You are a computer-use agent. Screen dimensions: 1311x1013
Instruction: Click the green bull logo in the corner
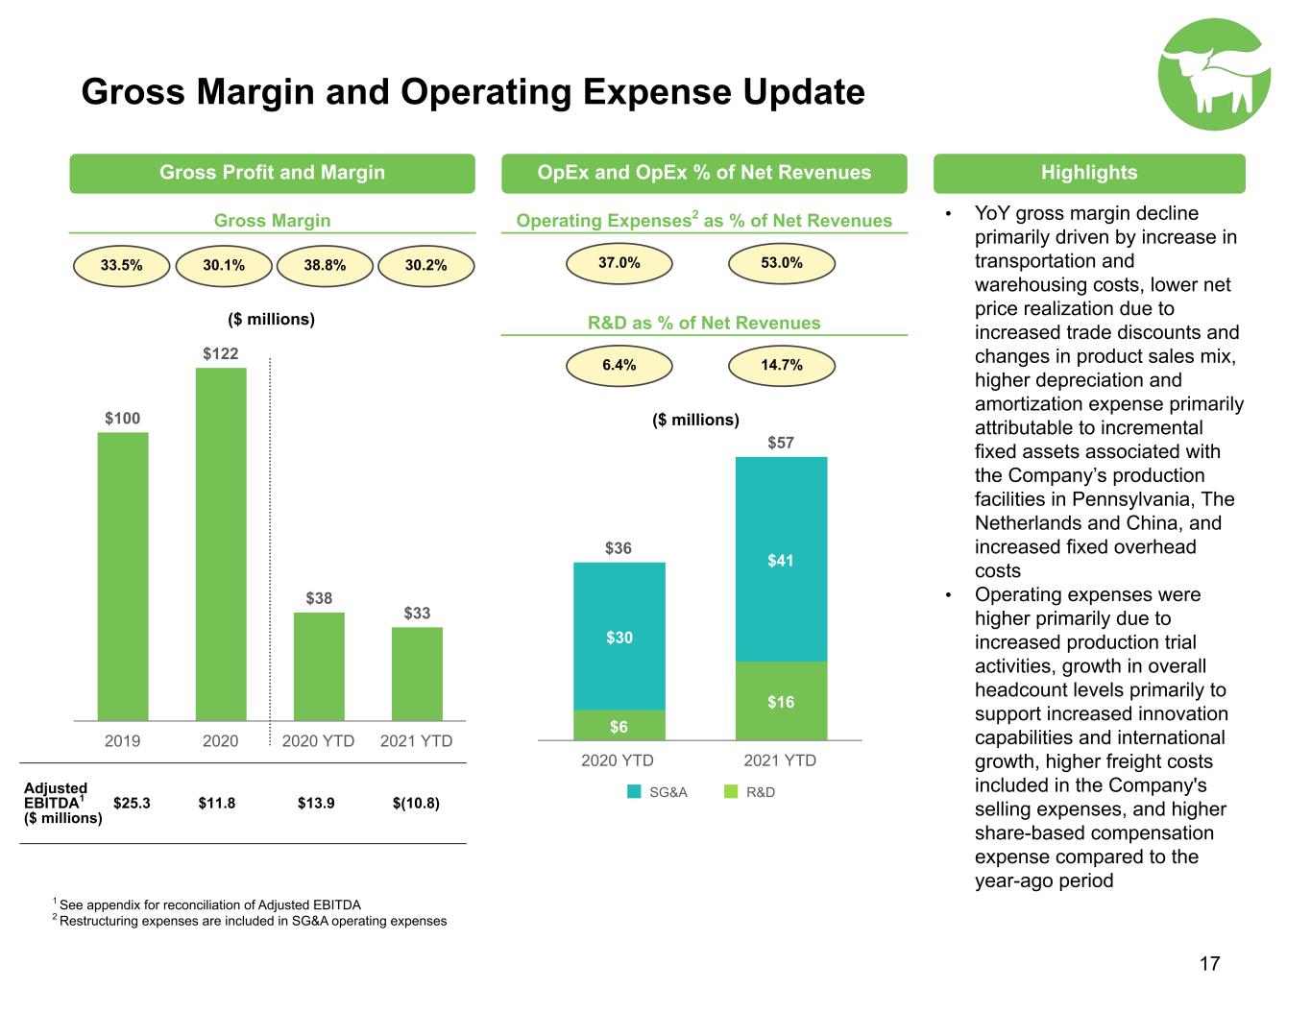tap(1214, 74)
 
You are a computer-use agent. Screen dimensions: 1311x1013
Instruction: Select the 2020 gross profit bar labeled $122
tap(221, 543)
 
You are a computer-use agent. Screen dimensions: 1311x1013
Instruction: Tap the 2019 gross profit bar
tap(123, 576)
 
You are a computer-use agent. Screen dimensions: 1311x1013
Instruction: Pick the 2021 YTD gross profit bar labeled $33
tap(417, 673)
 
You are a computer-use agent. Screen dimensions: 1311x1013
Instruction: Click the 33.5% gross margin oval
tap(121, 266)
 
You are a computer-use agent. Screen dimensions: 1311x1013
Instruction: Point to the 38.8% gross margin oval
tap(325, 266)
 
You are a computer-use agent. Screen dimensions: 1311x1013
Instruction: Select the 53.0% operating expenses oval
tap(781, 263)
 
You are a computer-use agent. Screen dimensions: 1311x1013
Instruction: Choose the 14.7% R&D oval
tap(781, 366)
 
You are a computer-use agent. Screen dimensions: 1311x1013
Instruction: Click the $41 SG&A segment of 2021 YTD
tap(781, 560)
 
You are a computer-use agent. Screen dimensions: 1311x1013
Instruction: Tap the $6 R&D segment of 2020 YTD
tap(619, 725)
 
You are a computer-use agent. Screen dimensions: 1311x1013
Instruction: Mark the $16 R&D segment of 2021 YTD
tap(781, 701)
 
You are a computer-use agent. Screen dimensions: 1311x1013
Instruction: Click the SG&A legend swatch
tap(634, 792)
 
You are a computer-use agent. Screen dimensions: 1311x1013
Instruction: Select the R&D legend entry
tap(749, 792)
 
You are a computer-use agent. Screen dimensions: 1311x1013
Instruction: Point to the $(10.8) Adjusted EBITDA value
tap(416, 803)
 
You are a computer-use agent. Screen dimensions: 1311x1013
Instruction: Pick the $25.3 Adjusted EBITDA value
tap(132, 803)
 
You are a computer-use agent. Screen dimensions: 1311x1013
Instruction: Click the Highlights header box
tap(1089, 173)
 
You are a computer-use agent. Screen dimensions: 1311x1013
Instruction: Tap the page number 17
tap(1209, 964)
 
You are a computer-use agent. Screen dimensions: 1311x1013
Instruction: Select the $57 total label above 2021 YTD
tap(780, 444)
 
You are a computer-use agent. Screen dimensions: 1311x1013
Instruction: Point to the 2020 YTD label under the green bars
tap(318, 741)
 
